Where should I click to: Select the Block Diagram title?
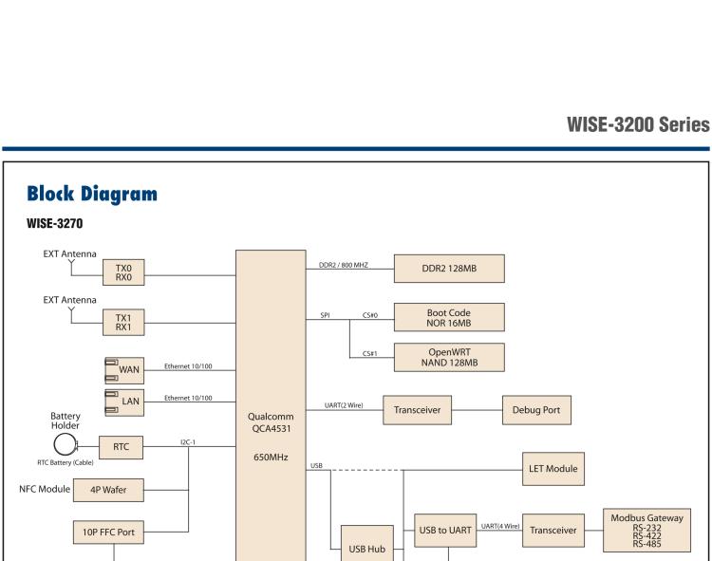[x=93, y=195]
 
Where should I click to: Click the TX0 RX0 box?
[x=123, y=272]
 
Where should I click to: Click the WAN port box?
[x=123, y=368]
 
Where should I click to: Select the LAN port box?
[x=123, y=401]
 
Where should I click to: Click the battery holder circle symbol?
[x=64, y=445]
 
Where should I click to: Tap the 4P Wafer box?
[x=109, y=491]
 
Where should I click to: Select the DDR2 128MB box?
[x=449, y=269]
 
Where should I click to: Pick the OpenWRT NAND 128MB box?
[x=449, y=357]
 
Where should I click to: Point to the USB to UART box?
[x=445, y=531]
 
